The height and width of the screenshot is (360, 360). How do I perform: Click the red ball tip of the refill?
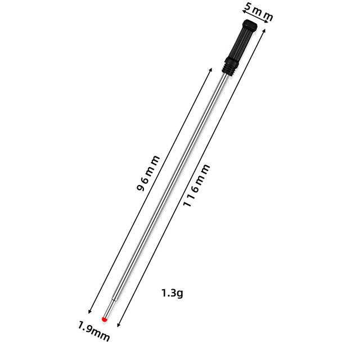pyautogui.click(x=105, y=319)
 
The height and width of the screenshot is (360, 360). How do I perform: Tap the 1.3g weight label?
pyautogui.click(x=172, y=293)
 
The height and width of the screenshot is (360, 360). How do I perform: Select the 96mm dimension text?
pyautogui.click(x=148, y=173)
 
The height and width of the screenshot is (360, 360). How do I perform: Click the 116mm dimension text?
pyautogui.click(x=196, y=185)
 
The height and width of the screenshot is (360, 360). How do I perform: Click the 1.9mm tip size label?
pyautogui.click(x=94, y=331)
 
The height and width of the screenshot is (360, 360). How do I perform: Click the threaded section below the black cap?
pyautogui.click(x=228, y=69)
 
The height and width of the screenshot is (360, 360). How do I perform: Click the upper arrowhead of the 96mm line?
pyautogui.click(x=210, y=70)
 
